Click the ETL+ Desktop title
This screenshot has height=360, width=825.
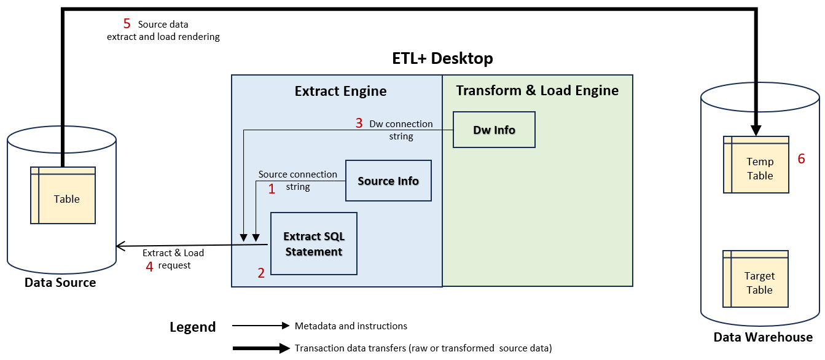442,58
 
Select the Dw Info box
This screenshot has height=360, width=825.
494,130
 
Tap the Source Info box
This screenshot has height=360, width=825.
388,181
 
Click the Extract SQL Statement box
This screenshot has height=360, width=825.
314,244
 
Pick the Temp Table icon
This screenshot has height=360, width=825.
756,165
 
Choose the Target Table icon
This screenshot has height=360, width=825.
756,279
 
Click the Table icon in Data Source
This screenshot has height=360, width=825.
63,195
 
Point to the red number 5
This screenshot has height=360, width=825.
127,24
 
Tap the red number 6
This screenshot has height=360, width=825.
801,159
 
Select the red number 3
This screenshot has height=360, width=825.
359,123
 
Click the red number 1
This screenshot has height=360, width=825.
272,189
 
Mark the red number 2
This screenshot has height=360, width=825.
261,273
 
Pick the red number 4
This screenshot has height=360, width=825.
149,267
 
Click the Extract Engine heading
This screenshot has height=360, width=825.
340,92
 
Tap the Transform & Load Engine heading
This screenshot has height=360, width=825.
537,90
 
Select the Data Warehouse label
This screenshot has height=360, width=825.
762,337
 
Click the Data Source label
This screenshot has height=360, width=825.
60,283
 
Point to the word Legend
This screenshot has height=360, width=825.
192,327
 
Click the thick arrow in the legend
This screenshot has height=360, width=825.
260,348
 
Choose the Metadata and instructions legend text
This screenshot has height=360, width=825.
351,326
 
